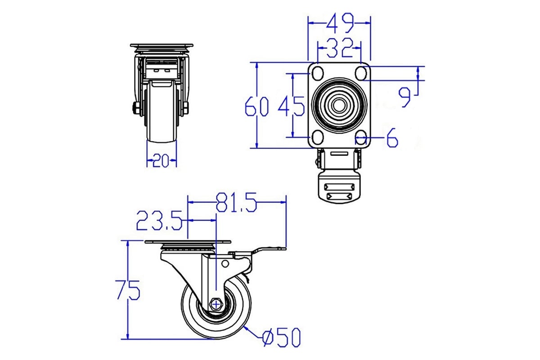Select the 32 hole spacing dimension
[x=339, y=48]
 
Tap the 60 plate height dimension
[x=256, y=106]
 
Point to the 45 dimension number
[x=292, y=106]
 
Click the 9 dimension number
[x=404, y=97]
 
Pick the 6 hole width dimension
[x=392, y=138]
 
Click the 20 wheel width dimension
[x=161, y=160]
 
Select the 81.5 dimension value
[x=236, y=202]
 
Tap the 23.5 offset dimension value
[x=159, y=220]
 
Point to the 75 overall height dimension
[x=128, y=290]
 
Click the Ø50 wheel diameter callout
[x=281, y=337]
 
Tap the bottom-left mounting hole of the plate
[x=318, y=138]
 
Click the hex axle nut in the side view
[x=216, y=305]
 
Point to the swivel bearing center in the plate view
[x=339, y=105]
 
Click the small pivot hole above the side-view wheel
[x=225, y=264]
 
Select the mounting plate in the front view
[x=162, y=45]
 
